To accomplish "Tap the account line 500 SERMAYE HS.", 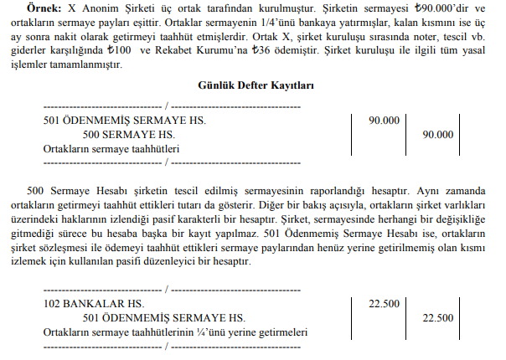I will click(129, 134).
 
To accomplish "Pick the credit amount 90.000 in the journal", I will click(438, 134).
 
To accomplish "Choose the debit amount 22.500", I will click(384, 304).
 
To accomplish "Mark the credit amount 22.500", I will click(438, 318).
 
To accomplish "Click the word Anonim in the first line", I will click(104, 8).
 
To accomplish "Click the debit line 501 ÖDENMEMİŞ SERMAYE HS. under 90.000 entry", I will click(124, 121).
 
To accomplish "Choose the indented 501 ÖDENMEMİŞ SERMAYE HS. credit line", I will click(164, 318).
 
